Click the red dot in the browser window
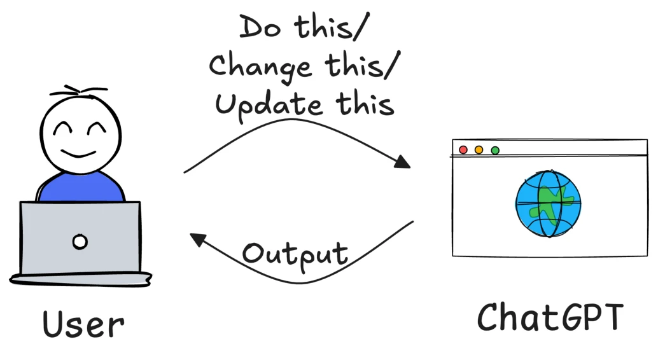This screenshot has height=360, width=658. tap(463, 150)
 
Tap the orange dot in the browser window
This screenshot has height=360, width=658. tap(479, 150)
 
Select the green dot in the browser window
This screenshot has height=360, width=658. tap(495, 150)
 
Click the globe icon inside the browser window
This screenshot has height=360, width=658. tap(548, 204)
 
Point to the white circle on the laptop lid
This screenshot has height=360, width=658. tap(80, 242)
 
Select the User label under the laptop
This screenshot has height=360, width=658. tap(83, 324)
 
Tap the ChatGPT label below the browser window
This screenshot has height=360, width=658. tap(550, 317)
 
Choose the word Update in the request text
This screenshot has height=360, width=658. tap(269, 106)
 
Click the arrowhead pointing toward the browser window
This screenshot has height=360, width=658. tap(402, 162)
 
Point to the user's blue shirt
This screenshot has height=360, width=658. tap(81, 188)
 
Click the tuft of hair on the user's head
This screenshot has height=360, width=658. tap(78, 90)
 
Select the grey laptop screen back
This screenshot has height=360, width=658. tap(80, 237)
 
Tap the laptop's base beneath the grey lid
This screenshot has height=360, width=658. tap(81, 279)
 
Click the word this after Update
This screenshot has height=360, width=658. tap(365, 104)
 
